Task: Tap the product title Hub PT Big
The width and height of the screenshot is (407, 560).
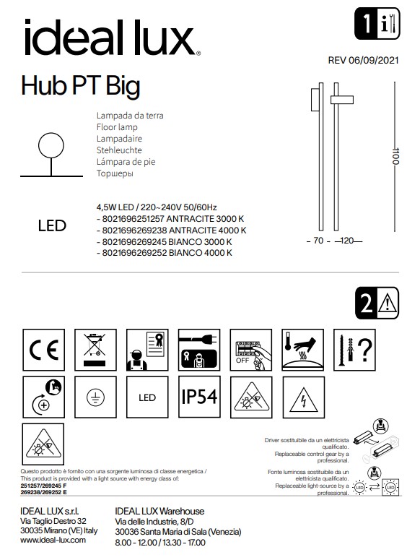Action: [x=81, y=86]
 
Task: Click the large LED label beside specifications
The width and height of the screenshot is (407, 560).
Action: [x=51, y=225]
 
